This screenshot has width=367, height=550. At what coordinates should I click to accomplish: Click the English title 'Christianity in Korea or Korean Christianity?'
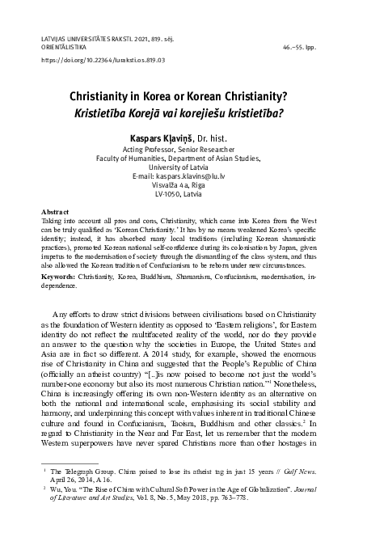pos(184,94)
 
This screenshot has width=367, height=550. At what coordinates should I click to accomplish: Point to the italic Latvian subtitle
pos(184,110)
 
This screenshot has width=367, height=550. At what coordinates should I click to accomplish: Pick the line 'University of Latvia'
pos(184,167)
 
